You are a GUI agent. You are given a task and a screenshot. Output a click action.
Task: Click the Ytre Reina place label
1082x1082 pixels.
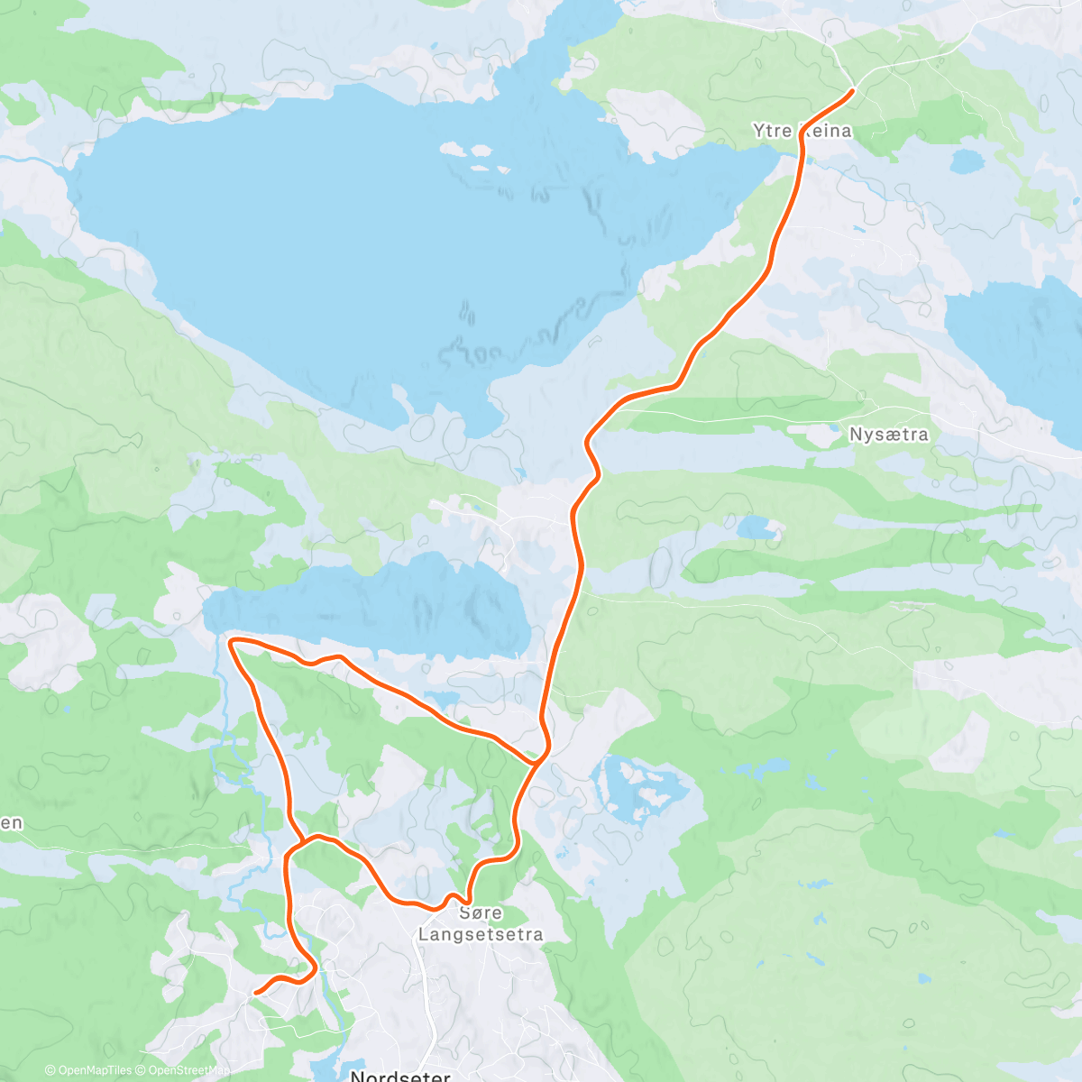(802, 132)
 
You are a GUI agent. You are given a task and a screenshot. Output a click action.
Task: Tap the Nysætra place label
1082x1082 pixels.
(888, 435)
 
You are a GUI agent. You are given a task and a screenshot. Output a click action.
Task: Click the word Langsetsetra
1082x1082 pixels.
(481, 934)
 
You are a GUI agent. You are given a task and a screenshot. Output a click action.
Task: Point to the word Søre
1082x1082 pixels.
(481, 912)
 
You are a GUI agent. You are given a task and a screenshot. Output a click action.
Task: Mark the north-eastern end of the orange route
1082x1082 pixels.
(851, 91)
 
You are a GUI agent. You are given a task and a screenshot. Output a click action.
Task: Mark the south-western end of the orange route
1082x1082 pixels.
(257, 993)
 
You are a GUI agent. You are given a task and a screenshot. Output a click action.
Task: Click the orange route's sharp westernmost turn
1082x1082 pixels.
(231, 641)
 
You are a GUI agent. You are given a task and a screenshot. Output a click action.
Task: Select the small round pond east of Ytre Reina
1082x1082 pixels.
(967, 161)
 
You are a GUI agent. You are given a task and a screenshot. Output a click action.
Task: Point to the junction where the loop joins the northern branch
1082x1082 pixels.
(537, 762)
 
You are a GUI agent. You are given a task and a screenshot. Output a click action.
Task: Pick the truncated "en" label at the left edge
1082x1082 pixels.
(11, 822)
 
